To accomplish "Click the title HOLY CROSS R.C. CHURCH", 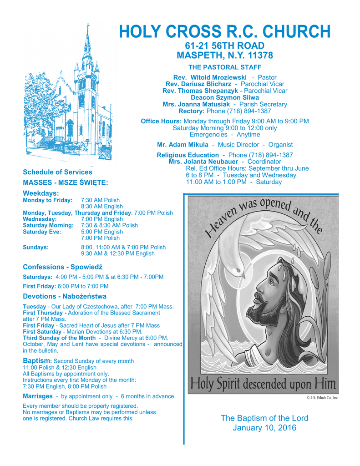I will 224,31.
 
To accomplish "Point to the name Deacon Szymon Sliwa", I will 224,97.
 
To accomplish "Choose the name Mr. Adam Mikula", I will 183,145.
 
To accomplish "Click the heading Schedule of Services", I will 57,172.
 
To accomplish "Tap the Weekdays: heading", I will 41,193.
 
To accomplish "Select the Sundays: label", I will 35,247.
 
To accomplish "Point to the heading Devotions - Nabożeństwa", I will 65,296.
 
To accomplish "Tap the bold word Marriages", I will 37,396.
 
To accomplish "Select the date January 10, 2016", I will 264,428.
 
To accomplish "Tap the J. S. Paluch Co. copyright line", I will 322,398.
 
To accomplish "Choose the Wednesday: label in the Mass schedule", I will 40,219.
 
